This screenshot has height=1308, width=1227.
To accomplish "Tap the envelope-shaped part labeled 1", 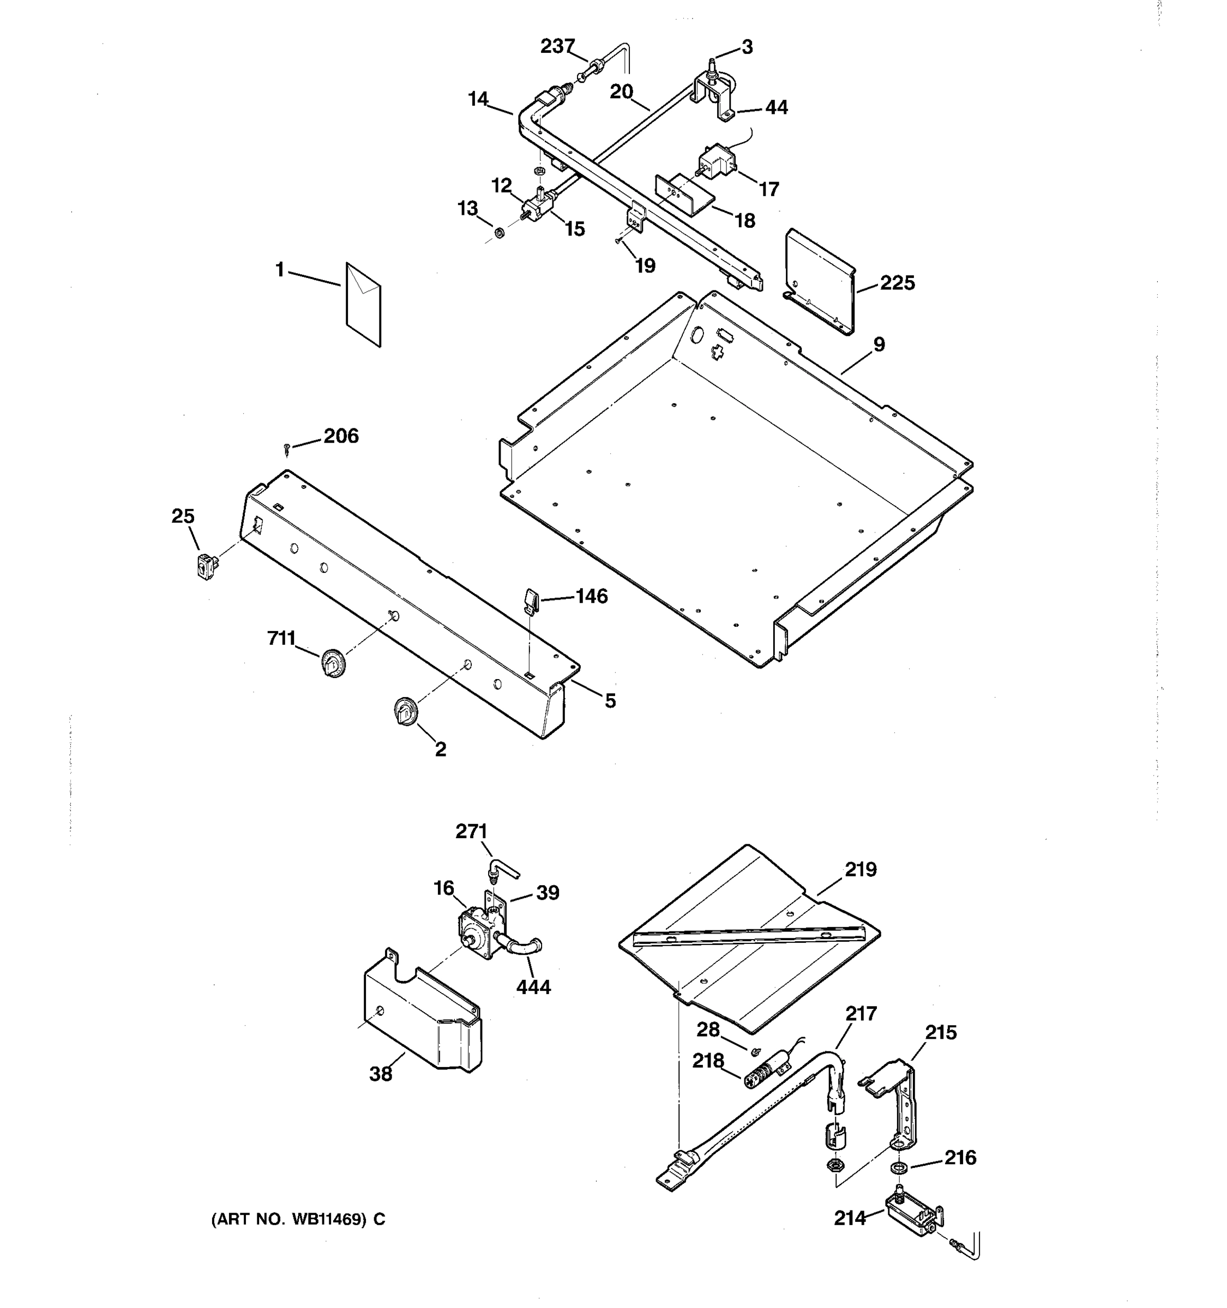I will coord(363,305).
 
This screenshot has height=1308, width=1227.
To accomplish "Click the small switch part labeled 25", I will coord(207,566).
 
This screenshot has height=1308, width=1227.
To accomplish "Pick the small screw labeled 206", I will coord(286,449).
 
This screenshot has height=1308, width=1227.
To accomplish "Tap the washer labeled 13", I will coord(499,232).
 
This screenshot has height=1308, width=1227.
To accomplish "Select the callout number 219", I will coord(861,870).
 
